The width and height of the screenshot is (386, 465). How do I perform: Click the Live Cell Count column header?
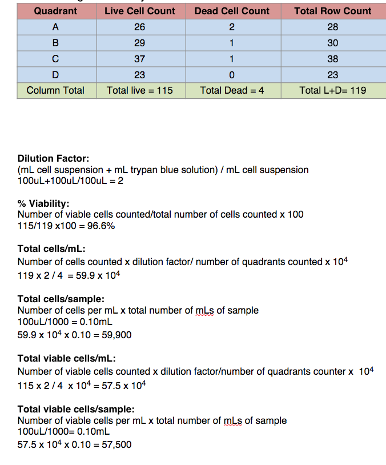click(139, 11)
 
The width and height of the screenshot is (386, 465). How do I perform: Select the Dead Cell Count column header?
click(232, 11)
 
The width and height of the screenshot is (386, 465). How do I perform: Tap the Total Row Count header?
click(332, 11)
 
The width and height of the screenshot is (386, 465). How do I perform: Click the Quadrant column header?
click(55, 11)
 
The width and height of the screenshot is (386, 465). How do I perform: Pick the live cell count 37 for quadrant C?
click(139, 59)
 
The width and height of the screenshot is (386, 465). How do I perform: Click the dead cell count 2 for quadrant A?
click(232, 27)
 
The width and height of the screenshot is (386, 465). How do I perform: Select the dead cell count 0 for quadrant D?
click(232, 75)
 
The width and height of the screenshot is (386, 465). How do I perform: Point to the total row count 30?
click(332, 43)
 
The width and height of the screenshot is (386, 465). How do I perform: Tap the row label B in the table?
click(55, 43)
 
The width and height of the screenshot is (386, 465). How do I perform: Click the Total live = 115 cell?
click(139, 90)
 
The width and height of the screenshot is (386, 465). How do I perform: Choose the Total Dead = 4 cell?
click(232, 90)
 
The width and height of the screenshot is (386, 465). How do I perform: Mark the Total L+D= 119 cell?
click(332, 90)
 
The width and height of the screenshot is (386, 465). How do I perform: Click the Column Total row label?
click(55, 90)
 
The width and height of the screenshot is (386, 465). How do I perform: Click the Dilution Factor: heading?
click(53, 158)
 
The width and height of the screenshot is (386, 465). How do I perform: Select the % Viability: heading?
click(43, 203)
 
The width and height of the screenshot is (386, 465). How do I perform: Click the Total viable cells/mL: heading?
click(67, 358)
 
